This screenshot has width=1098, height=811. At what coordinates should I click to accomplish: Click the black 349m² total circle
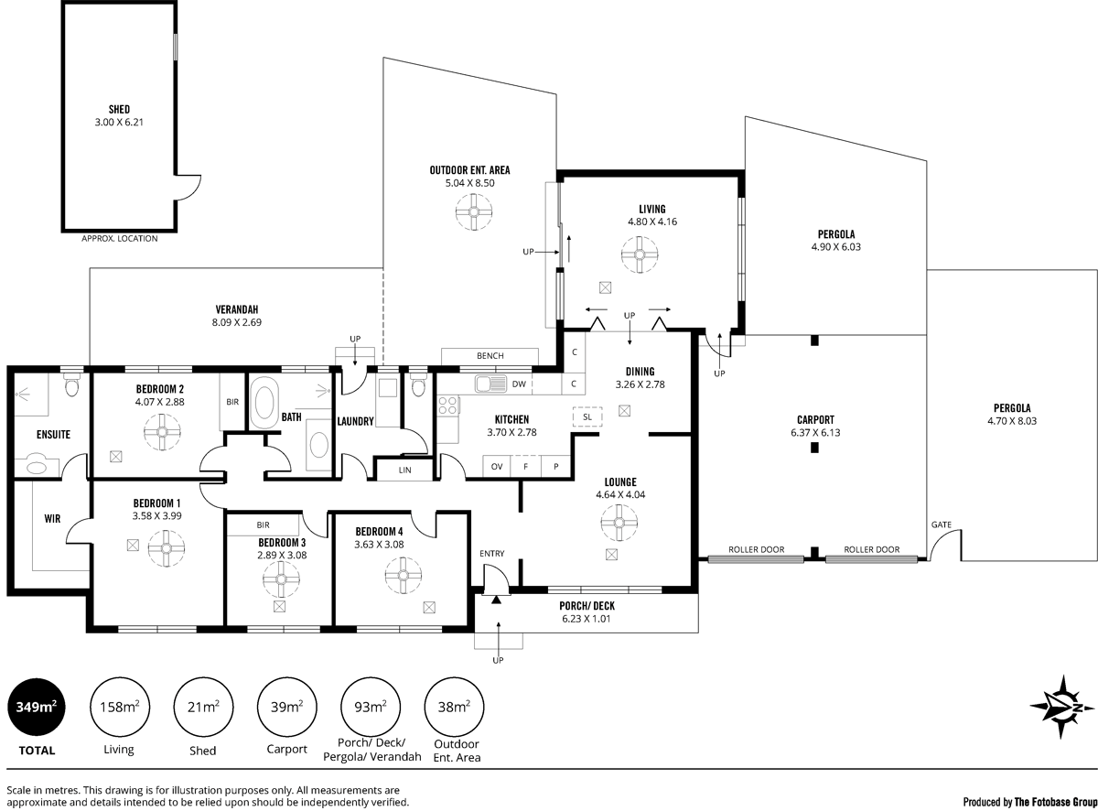(x=36, y=707)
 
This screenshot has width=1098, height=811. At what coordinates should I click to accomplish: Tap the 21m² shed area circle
(x=202, y=707)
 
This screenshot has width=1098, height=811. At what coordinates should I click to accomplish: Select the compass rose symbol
(x=1064, y=707)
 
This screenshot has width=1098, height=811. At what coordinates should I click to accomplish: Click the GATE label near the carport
(x=941, y=525)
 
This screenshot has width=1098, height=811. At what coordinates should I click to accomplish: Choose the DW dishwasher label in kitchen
(x=518, y=384)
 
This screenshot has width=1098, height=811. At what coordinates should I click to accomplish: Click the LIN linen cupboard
(x=405, y=470)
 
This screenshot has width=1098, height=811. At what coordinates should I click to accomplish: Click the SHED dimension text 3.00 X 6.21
(x=119, y=122)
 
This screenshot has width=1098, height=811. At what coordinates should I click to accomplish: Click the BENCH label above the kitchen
(x=490, y=356)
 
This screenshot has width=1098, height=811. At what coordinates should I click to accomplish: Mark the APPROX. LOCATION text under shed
(x=119, y=239)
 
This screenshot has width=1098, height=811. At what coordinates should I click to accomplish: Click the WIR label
(x=52, y=518)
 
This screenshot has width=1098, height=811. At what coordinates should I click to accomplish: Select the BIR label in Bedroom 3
(x=264, y=525)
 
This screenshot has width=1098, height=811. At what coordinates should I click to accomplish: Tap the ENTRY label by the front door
(x=491, y=554)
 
